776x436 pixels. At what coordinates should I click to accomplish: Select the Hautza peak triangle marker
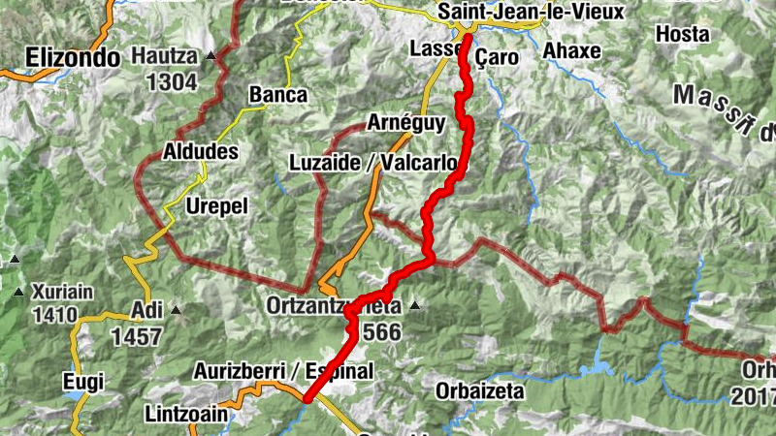[211, 56]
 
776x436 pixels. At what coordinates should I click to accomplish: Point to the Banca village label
[277, 95]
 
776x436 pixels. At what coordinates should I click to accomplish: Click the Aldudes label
[201, 152]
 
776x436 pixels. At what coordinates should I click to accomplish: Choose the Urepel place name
[217, 206]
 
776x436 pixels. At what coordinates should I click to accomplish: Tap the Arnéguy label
[406, 122]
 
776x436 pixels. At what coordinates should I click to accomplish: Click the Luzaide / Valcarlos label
[373, 162]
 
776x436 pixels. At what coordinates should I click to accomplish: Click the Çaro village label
[496, 56]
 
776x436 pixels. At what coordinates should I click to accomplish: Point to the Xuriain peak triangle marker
[18, 291]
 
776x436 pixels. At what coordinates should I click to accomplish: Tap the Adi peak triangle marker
[176, 311]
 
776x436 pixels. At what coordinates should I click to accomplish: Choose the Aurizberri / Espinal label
[283, 370]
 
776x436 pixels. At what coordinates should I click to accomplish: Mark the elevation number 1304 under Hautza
[172, 81]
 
